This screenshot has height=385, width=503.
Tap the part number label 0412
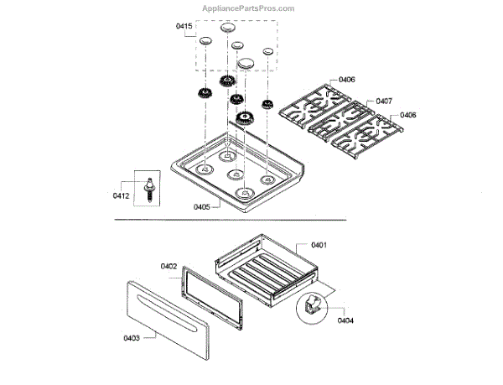pos(122,196)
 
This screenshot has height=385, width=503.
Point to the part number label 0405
pos(202,206)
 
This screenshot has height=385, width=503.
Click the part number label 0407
pos(384,101)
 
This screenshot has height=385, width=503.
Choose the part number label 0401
pos(319,245)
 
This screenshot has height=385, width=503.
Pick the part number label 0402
pos(169,266)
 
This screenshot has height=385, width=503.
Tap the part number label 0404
pos(346,320)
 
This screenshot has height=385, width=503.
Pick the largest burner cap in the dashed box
pos(247,63)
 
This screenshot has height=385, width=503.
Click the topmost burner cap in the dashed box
pos(227,28)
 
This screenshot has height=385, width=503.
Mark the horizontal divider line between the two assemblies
pos(251,219)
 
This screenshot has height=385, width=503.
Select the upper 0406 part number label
pos(346,81)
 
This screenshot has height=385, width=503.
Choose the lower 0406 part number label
pos(408,115)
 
